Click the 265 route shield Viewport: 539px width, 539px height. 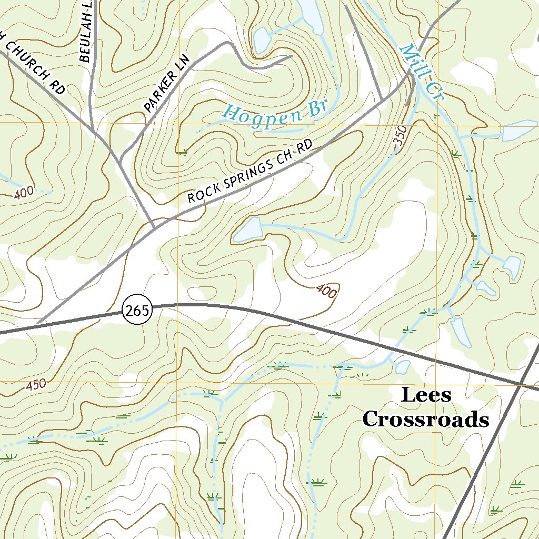(x=137, y=310)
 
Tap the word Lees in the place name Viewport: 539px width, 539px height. (x=426, y=395)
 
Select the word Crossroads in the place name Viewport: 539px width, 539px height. (x=426, y=420)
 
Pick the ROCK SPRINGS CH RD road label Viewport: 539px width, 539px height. (x=249, y=172)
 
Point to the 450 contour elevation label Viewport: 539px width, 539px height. (x=36, y=385)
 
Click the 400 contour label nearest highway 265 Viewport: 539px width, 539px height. (x=326, y=291)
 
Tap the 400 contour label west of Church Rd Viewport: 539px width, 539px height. (x=24, y=193)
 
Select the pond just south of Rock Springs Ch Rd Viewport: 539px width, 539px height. (x=248, y=230)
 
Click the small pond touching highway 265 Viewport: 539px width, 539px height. (x=402, y=366)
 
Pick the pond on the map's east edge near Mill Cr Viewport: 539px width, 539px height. (x=518, y=131)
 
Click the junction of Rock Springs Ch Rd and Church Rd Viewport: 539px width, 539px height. (x=153, y=227)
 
